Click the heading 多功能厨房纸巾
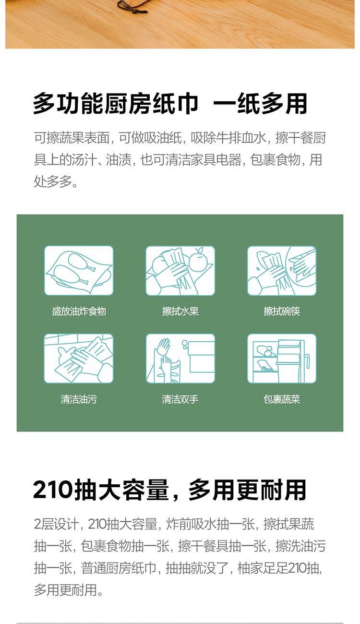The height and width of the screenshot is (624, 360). click(116, 103)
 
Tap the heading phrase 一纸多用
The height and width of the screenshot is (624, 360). click(260, 103)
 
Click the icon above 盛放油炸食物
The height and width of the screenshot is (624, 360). click(79, 271)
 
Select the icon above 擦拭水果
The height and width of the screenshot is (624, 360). click(180, 271)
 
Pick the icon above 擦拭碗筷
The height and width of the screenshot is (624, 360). click(282, 271)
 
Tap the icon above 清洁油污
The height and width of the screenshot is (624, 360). click(79, 358)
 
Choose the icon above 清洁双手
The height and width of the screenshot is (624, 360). click(180, 358)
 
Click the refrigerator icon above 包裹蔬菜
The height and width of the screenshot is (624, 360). click(282, 358)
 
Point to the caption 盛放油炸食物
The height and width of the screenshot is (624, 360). click(79, 311)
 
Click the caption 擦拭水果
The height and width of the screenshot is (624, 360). click(180, 311)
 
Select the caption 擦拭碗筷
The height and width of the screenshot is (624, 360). click(282, 311)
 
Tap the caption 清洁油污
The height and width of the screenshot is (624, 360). click(79, 399)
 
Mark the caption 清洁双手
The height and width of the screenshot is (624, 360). click(180, 399)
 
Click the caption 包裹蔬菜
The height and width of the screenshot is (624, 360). click(282, 399)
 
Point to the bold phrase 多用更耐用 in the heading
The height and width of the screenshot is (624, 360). click(247, 490)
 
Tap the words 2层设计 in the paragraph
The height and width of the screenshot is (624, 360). click(56, 524)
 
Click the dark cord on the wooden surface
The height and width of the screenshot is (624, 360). click(132, 8)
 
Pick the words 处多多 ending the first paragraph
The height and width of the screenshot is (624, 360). click(53, 181)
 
